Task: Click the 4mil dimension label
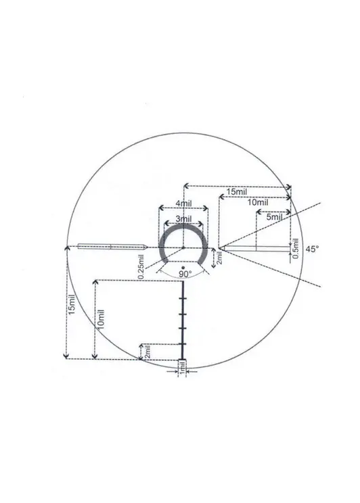tap(183, 203)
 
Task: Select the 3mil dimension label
tap(183, 219)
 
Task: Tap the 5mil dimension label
tap(274, 217)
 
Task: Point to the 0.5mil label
tap(296, 248)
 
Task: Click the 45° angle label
tap(312, 249)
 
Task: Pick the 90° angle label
tap(185, 274)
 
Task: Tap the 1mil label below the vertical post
tap(182, 366)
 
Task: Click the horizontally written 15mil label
tap(237, 192)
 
